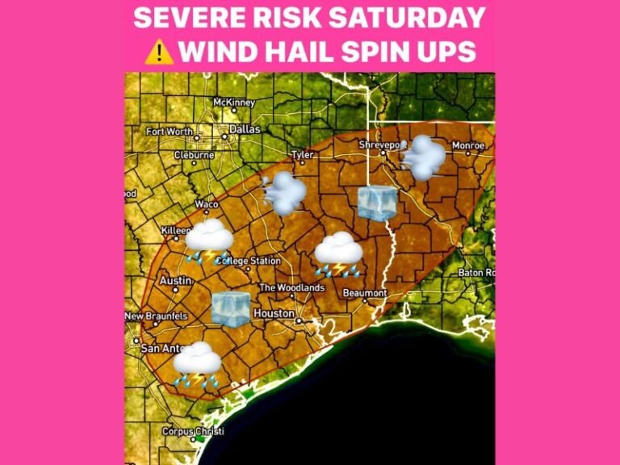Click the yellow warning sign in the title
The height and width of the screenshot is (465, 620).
point(160,51)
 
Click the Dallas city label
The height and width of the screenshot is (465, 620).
point(245,128)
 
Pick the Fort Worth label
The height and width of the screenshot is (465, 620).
point(170,131)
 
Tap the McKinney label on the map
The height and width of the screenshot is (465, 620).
point(234,103)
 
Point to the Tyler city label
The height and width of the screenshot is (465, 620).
point(303,153)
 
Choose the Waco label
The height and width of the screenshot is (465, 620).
point(207,204)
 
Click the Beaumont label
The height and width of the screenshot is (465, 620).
point(365,292)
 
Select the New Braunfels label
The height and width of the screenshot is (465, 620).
point(157,316)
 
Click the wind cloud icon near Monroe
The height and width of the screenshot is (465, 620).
point(422,157)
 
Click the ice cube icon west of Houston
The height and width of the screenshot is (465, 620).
point(231,308)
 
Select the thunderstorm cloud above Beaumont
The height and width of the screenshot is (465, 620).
point(338,253)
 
